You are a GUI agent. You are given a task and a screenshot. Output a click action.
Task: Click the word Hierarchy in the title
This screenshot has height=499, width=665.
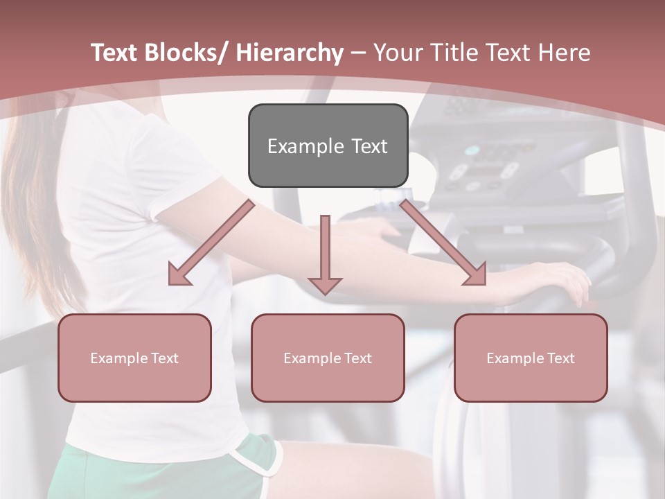coord(289,53)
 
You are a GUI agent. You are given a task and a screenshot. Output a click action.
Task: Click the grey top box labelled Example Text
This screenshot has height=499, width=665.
coord(328,146)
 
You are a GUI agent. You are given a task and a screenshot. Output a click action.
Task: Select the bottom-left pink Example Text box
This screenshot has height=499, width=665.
coord(134,358)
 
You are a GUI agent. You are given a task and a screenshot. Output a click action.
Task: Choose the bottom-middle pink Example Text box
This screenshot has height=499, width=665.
coord(328,358)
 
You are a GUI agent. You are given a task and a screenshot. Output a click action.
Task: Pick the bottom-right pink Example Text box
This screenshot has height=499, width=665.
coord(531,358)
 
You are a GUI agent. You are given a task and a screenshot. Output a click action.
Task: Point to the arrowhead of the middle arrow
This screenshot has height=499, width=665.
coord(325,285)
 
